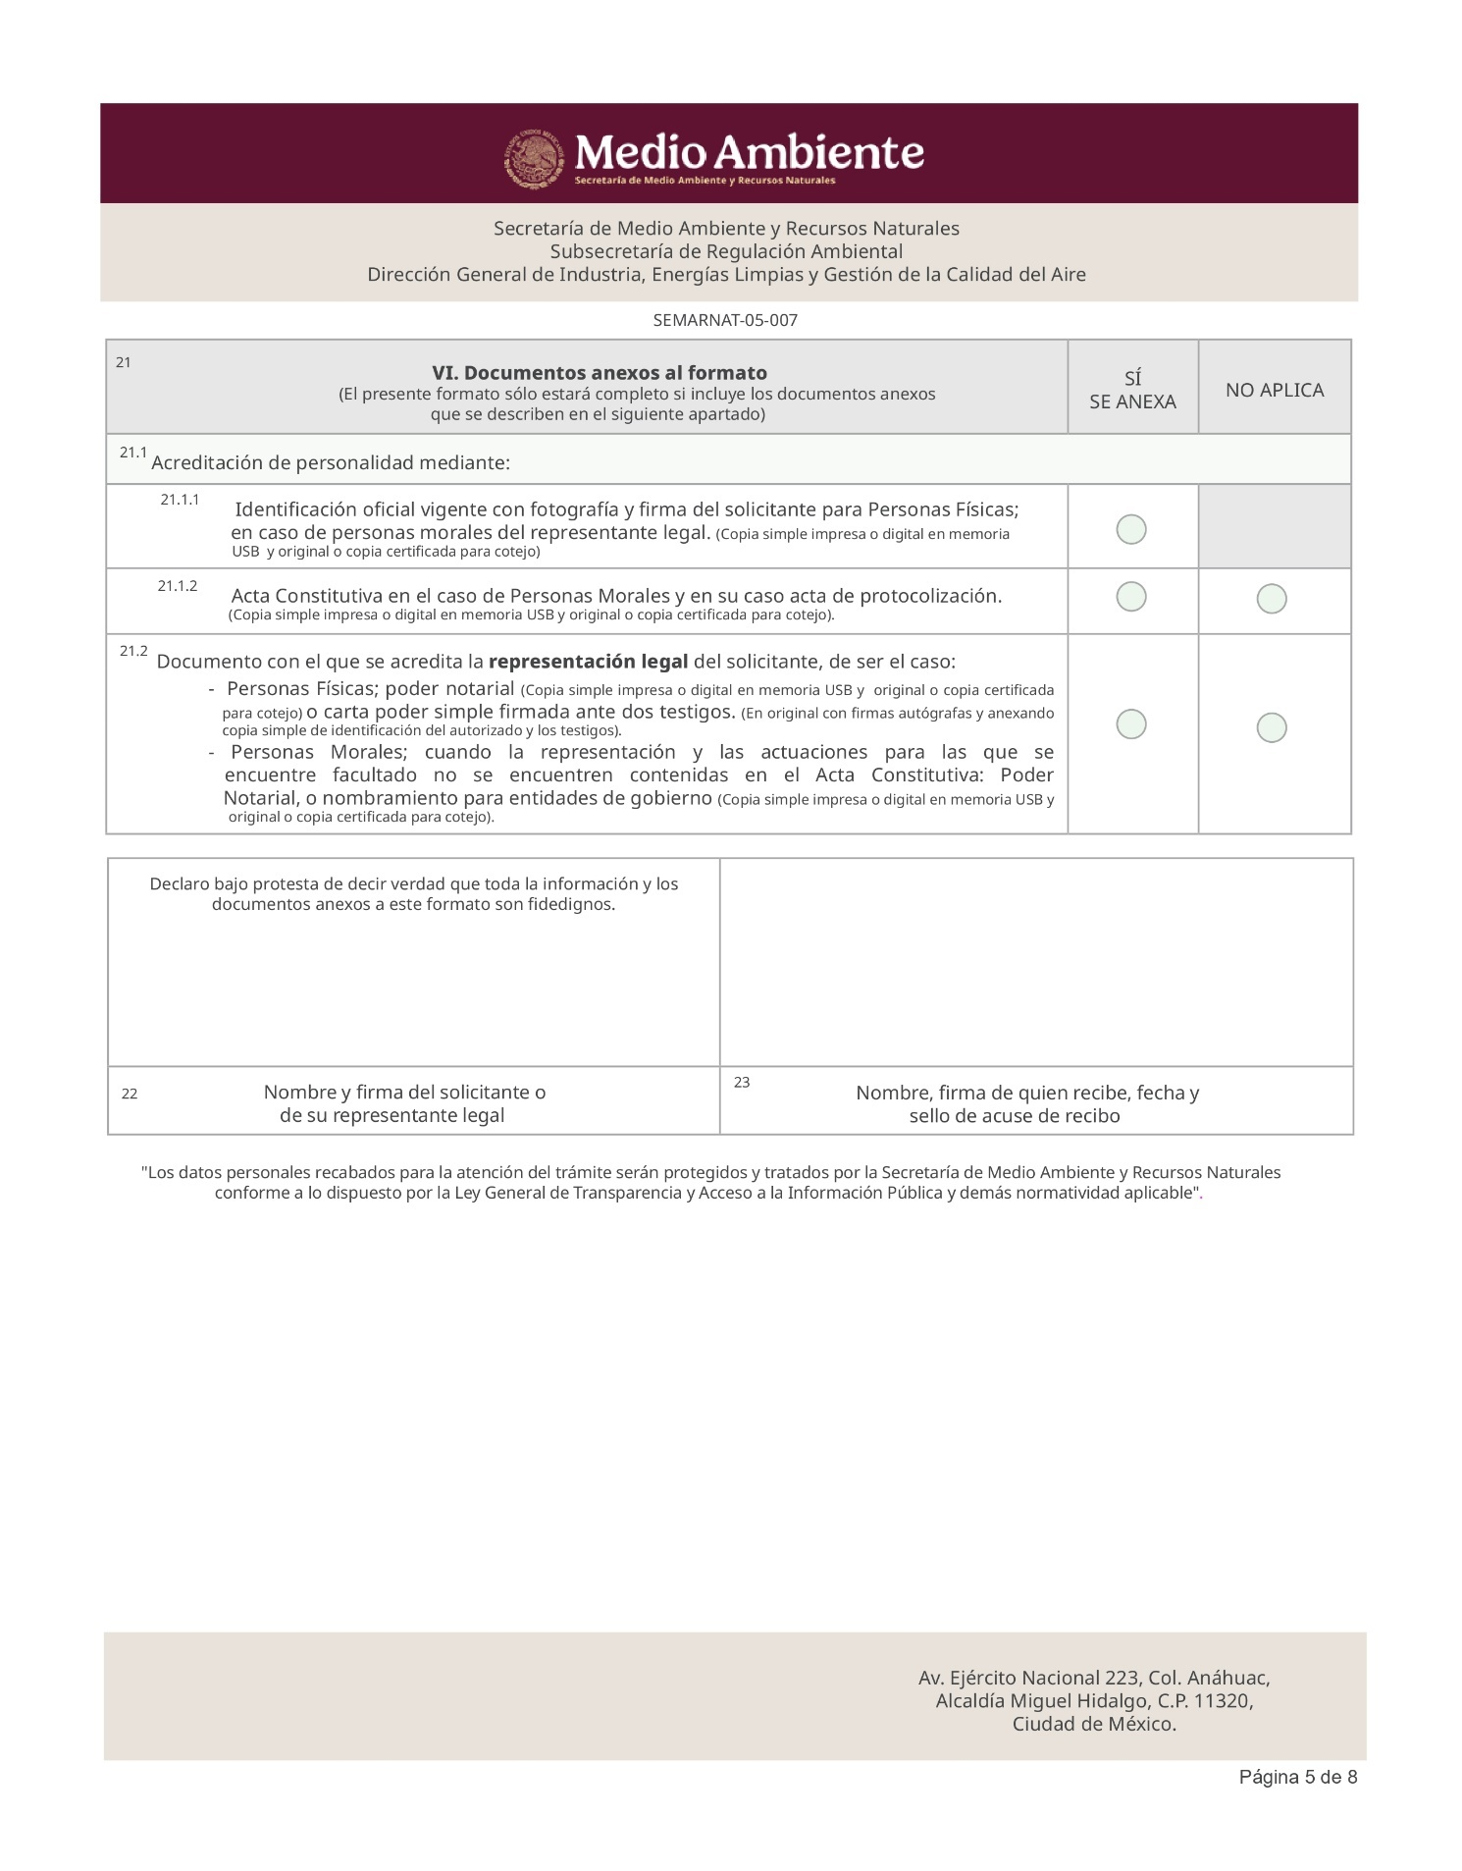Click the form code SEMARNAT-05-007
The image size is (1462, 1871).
point(725,321)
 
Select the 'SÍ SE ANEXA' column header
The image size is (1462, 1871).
point(1132,390)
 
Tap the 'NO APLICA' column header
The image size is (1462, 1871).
point(1275,390)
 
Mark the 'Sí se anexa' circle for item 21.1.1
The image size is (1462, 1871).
point(1131,529)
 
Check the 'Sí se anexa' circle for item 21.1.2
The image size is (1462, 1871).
point(1131,597)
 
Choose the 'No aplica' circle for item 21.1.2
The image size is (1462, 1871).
point(1272,599)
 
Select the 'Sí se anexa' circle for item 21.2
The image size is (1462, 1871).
point(1131,724)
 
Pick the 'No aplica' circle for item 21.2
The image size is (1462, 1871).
point(1272,727)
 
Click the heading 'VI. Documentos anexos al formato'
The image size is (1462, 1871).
point(600,373)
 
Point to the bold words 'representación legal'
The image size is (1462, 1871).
point(588,662)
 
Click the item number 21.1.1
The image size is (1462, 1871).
point(180,500)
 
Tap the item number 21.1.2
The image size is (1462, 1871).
point(178,586)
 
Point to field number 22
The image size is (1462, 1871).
point(130,1094)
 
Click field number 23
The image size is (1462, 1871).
point(742,1082)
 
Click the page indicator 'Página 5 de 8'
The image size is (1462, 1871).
point(1297,1777)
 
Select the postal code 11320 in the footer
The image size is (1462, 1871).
point(1220,1700)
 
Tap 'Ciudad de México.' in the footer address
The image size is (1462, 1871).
point(1094,1724)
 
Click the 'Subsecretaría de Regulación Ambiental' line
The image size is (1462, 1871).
point(726,251)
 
